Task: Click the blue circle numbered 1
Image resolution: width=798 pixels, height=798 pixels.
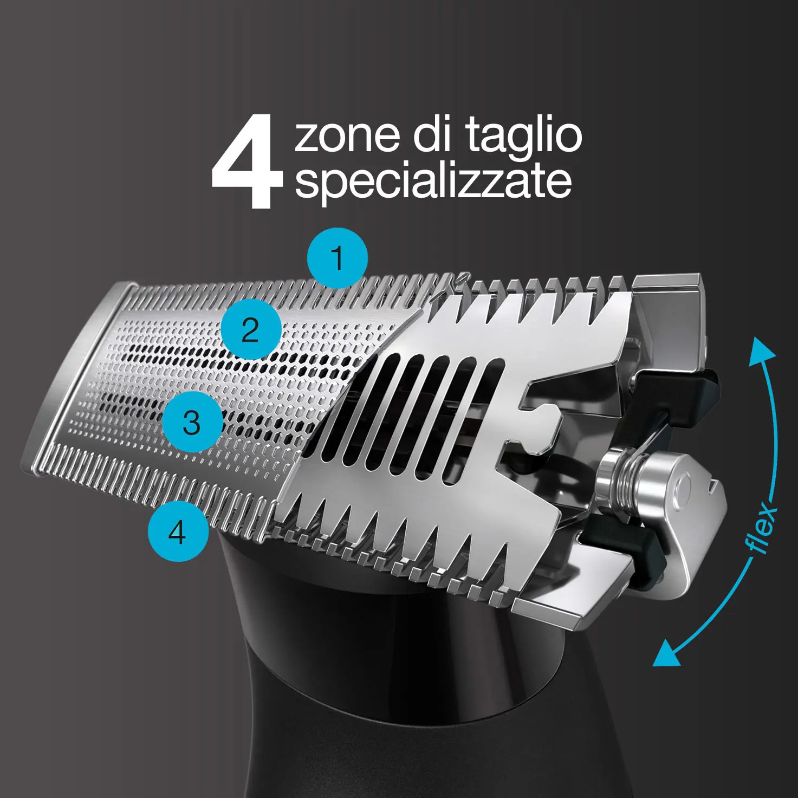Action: (337, 258)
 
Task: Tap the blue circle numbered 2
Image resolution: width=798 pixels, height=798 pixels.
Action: (250, 329)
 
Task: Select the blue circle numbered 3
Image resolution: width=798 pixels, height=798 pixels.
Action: (192, 422)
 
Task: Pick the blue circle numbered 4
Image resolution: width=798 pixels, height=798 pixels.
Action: (178, 531)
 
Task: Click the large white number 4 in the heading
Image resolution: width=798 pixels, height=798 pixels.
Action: (247, 163)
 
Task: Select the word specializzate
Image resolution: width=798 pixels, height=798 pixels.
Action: (433, 181)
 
